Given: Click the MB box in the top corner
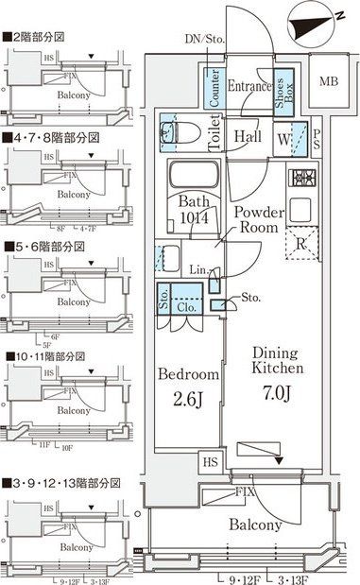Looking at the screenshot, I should click(327, 81).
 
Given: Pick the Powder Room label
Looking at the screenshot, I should click(256, 220).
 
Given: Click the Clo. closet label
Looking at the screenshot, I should click(185, 305).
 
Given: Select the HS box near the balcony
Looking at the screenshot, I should click(210, 462).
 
